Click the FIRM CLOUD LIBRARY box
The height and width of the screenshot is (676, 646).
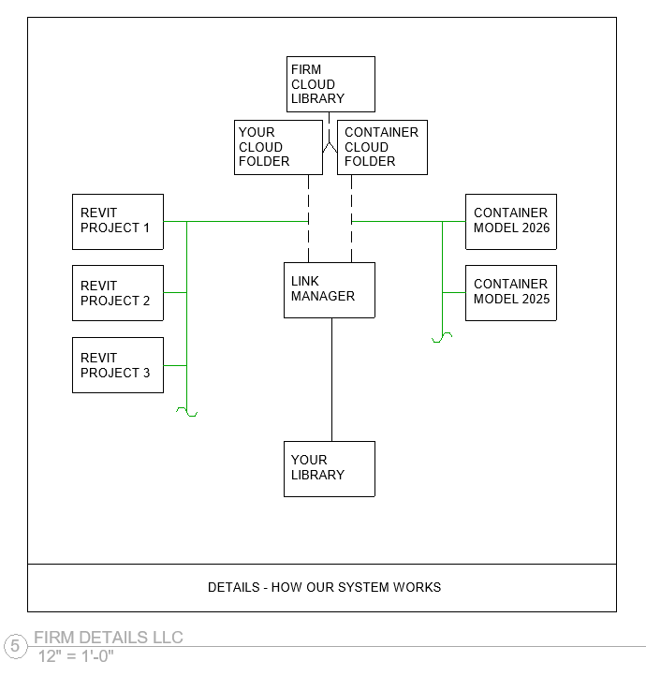click(x=330, y=84)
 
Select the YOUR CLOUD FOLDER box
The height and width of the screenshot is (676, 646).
click(x=278, y=147)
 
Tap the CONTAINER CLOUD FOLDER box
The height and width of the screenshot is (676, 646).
click(x=382, y=147)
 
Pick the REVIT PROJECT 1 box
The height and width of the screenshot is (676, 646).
click(x=118, y=222)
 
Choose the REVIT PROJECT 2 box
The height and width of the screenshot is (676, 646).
click(x=118, y=293)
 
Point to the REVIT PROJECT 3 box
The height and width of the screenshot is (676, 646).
click(x=118, y=365)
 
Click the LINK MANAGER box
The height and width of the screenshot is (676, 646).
click(x=330, y=290)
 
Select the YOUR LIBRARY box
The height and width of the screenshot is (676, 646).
click(x=330, y=468)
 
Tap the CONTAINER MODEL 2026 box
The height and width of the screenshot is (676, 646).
click(x=511, y=222)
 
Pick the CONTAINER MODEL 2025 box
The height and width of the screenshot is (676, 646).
click(x=511, y=293)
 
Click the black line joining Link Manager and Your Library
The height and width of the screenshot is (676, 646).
click(x=331, y=379)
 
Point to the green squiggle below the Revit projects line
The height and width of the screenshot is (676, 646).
click(x=187, y=411)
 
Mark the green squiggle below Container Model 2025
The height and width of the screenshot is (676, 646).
click(x=442, y=337)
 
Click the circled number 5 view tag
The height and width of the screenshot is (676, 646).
click(x=15, y=646)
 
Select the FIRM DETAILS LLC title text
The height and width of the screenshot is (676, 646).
click(x=109, y=638)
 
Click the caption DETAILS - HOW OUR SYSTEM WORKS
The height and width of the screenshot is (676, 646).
click(x=324, y=588)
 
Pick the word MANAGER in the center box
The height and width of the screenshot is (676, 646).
click(x=323, y=297)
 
